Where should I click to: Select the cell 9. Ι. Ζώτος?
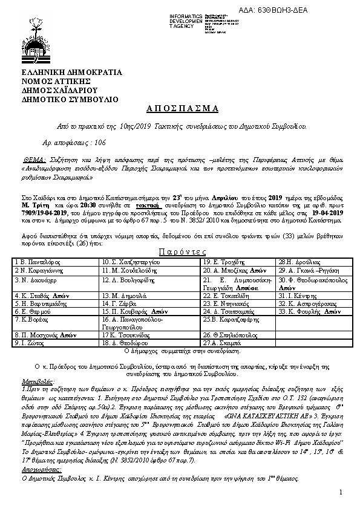coord(27,342)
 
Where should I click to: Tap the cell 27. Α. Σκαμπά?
coord(222,342)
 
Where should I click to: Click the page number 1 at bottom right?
coord(341,494)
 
